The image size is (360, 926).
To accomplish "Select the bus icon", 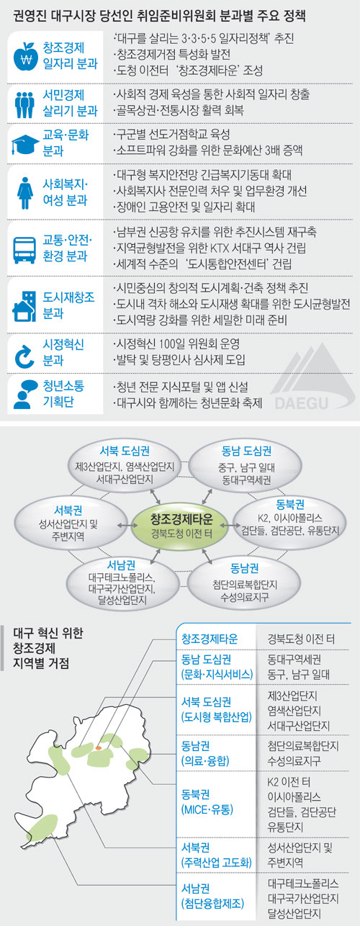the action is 24,250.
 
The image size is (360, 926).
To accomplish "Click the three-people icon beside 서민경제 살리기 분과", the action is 24,104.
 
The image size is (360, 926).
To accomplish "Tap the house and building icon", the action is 24,306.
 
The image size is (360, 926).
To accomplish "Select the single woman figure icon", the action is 24,193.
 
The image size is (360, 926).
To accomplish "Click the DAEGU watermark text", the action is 301,403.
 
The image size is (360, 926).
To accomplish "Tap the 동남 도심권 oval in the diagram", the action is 246,464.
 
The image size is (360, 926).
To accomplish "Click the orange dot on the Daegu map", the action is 99,748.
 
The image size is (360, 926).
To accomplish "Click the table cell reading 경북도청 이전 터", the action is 300,639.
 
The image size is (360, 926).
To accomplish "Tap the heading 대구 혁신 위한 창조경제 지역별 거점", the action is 48,648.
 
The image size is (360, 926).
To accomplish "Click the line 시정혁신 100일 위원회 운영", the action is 177,344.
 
